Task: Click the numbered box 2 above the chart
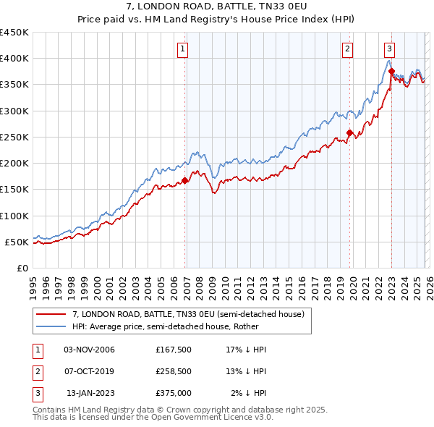click(x=348, y=49)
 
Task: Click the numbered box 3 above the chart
click(x=389, y=49)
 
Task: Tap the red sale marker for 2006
click(x=184, y=180)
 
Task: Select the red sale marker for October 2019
click(x=349, y=132)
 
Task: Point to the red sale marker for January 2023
click(x=391, y=71)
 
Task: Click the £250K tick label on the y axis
click(x=14, y=137)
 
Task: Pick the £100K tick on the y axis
click(x=14, y=216)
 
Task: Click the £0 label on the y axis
click(x=22, y=268)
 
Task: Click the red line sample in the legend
click(x=51, y=315)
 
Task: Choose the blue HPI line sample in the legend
click(x=51, y=326)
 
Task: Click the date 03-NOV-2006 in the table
click(x=90, y=350)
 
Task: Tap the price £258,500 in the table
click(x=173, y=371)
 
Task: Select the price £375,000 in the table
click(x=173, y=393)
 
